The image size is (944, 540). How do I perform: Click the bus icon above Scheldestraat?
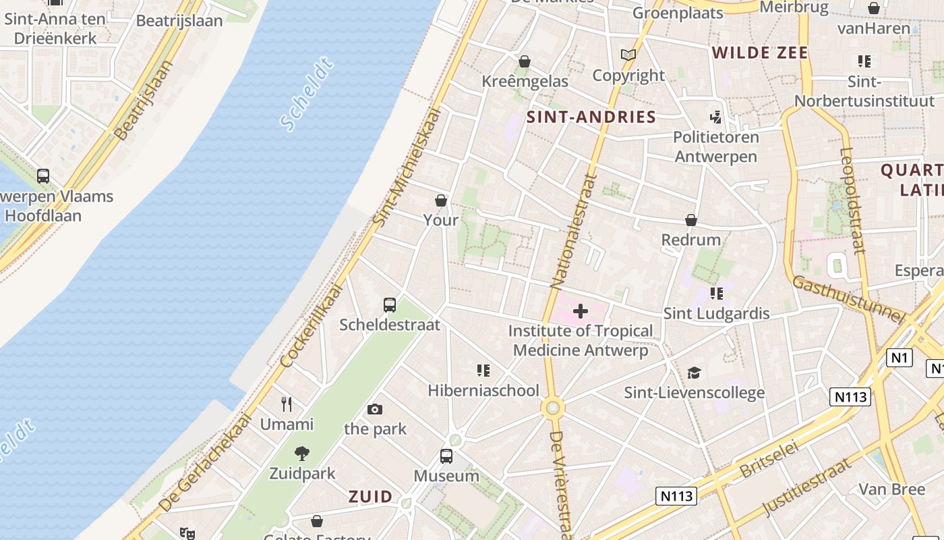click(390, 304)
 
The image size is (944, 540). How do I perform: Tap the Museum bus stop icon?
click(446, 456)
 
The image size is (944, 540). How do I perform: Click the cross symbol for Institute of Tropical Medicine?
click(581, 311)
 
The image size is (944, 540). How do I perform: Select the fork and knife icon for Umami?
click(287, 404)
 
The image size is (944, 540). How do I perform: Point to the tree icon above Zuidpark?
click(302, 454)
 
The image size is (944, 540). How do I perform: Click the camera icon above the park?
click(375, 409)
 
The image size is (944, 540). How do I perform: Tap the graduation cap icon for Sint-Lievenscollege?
click(694, 373)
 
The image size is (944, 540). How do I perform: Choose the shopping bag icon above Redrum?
click(691, 220)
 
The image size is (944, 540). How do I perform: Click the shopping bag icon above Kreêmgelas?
click(525, 61)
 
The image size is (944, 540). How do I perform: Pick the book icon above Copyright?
click(628, 55)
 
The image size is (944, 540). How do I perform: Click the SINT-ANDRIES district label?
click(591, 117)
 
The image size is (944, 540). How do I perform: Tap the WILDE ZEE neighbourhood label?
click(759, 53)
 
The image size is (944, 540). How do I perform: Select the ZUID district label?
click(370, 497)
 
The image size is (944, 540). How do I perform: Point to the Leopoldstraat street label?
click(852, 200)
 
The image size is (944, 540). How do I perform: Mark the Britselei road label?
click(769, 460)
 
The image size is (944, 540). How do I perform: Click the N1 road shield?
click(899, 358)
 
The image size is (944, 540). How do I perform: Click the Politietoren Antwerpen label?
click(715, 146)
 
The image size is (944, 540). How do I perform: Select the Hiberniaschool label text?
click(483, 390)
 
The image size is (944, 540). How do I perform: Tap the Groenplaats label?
click(678, 13)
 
